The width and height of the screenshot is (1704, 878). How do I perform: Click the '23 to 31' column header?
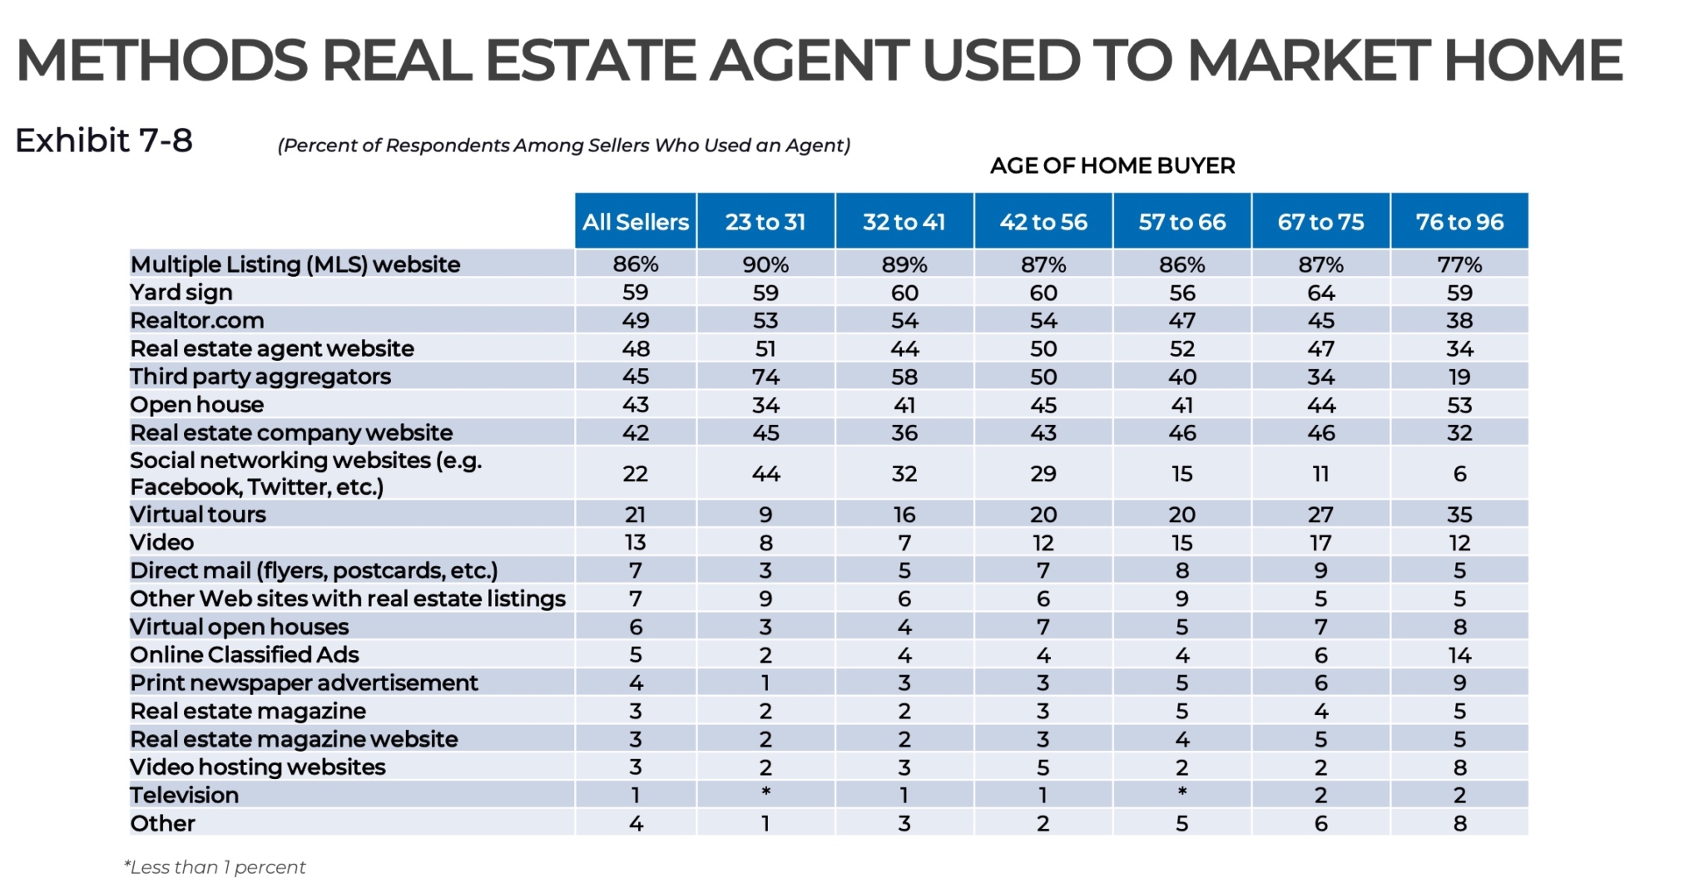point(765,222)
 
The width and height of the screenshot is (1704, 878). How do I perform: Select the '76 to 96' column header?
point(1459,222)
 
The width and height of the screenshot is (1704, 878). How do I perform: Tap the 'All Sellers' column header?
point(636,222)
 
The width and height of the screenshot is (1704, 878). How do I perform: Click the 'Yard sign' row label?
point(181,293)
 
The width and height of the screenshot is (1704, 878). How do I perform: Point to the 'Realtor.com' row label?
point(197,321)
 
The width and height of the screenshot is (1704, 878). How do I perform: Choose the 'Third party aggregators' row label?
point(260,377)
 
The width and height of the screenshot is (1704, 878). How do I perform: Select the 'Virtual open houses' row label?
point(240,627)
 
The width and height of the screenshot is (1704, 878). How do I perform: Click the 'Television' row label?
point(185,796)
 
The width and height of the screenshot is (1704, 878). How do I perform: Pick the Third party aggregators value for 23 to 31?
point(765,377)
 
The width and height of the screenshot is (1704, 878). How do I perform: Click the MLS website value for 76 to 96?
point(1459,264)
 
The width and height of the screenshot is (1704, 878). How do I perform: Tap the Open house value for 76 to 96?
point(1459,405)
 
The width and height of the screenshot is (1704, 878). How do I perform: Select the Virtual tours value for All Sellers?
point(636,515)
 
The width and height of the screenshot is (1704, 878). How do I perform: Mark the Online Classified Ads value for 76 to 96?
point(1459,655)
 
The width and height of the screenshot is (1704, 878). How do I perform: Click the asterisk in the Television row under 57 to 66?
point(1182,792)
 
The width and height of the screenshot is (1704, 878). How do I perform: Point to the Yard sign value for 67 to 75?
point(1321,293)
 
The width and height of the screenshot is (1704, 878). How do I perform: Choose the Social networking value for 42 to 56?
point(1043,474)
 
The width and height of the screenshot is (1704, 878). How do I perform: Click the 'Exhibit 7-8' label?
point(104,141)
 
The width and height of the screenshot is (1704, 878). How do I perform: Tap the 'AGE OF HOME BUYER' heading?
point(1112,166)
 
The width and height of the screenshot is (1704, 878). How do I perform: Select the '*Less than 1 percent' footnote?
point(215,867)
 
